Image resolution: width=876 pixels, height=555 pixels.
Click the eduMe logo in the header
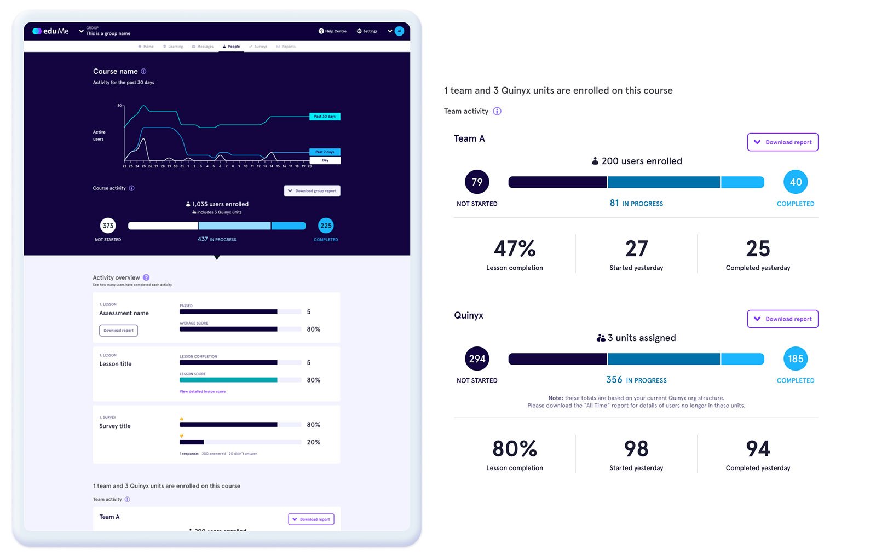50,31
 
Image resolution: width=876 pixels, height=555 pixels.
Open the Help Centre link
333,31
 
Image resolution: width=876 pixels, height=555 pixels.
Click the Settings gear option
367,31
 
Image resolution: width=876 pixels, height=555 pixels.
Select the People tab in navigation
232,47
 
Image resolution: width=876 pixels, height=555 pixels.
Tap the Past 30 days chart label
325,117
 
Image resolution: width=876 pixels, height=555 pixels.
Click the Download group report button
312,191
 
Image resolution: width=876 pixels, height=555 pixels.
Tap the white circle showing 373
108,226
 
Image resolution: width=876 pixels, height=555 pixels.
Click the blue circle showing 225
326,226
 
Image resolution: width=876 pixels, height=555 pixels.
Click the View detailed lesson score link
203,391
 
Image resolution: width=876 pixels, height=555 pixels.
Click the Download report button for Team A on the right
782,142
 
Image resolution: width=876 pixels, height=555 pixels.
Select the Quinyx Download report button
782,319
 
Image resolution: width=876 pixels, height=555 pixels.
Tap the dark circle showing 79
477,182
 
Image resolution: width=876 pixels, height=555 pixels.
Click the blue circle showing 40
795,182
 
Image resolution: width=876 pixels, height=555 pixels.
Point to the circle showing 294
477,359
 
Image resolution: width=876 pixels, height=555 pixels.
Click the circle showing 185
795,359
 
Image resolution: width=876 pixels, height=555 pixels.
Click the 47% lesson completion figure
515,249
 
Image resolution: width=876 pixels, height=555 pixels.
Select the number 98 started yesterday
636,449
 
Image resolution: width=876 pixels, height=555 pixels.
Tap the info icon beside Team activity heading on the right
497,111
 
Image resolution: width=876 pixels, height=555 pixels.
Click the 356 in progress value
614,380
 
